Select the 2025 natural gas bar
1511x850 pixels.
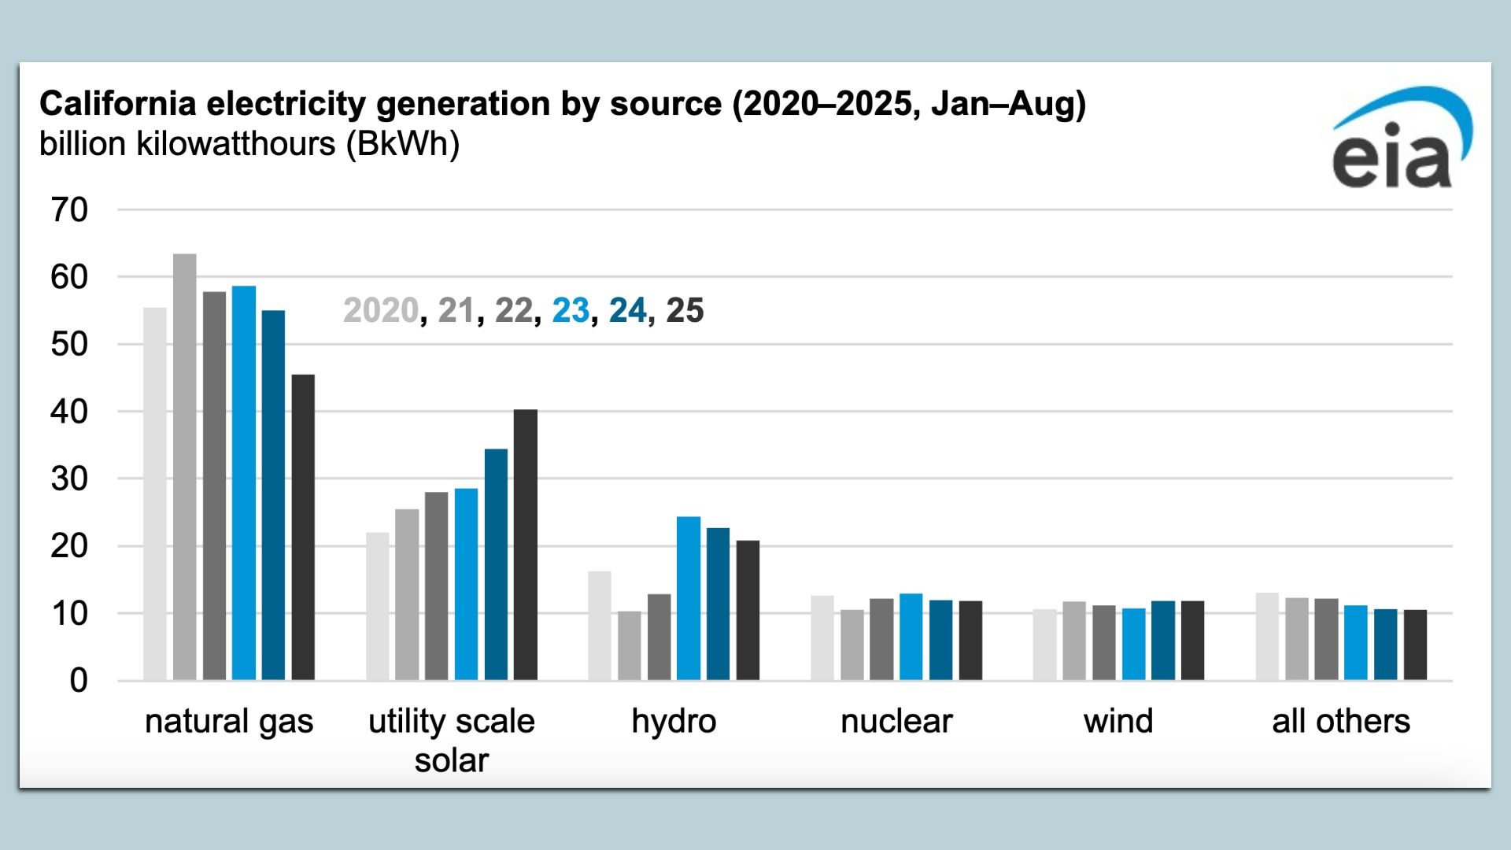point(303,527)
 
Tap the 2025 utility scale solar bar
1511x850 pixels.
point(526,545)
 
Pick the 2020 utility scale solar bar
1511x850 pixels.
point(378,606)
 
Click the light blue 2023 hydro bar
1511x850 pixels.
point(689,598)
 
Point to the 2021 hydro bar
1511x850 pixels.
point(630,645)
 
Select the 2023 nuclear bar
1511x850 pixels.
point(911,637)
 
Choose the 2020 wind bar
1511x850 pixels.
point(1045,645)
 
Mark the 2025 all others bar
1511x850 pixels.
point(1415,645)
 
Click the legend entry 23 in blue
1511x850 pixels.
point(571,310)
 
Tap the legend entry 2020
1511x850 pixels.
point(381,310)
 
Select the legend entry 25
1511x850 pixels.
point(685,310)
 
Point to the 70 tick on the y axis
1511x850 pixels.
point(69,210)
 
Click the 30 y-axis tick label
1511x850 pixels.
point(69,479)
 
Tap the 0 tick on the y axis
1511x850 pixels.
point(78,681)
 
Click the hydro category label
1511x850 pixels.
point(674,721)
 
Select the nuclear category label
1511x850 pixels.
point(896,721)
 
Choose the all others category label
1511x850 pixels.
point(1341,721)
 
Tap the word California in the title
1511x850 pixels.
point(110,104)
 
